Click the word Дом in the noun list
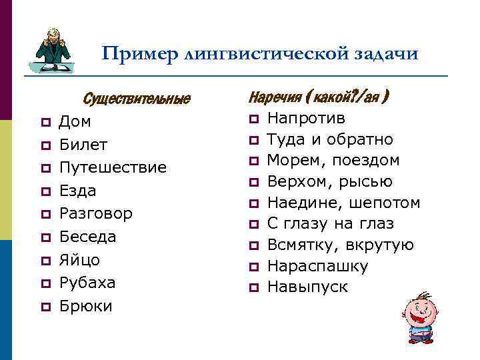75,122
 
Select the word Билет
83,145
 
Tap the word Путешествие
113,168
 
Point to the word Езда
78,191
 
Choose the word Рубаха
87,283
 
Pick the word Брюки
85,306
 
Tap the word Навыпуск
307,287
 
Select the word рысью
369,182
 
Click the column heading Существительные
137,100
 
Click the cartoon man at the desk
53,51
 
